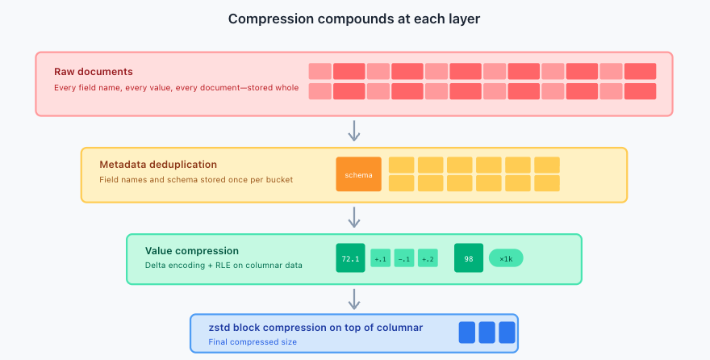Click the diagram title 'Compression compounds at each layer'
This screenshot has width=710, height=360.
354,19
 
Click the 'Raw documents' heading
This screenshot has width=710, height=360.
94,72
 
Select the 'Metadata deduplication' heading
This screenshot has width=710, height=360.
158,165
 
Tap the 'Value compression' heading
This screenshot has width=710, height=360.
192,251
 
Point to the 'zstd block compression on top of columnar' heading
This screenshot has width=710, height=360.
315,328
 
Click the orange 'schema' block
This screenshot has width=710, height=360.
358,174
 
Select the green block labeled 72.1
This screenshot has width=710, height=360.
350,258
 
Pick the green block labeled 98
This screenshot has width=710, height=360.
469,258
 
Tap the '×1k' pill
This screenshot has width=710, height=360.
506,258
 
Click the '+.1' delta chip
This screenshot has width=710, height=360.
380,258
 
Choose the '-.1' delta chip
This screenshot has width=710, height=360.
404,258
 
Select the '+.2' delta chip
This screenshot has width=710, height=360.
428,258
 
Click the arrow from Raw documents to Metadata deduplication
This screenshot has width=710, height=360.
353,130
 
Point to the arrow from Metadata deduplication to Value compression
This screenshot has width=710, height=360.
353,216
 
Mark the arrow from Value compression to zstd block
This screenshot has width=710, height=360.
353,299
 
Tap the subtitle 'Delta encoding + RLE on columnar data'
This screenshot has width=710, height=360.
223,265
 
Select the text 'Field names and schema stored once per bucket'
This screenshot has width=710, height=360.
196,179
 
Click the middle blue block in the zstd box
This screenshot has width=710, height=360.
487,333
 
